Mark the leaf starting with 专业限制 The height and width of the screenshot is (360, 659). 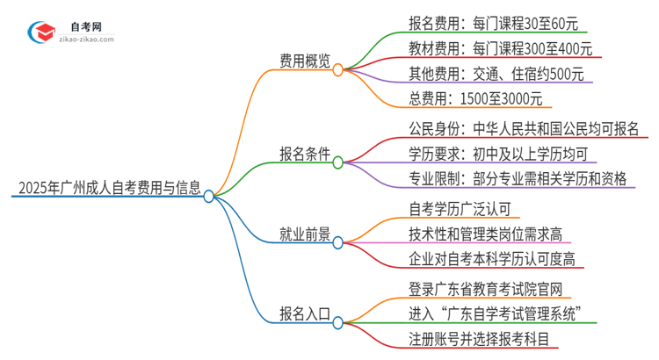coord(518,179)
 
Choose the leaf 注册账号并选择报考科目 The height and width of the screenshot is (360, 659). coord(483,339)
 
